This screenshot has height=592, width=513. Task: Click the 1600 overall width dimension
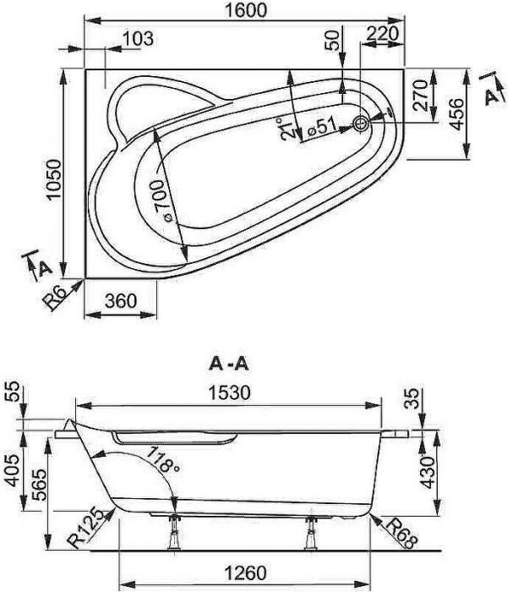[x=246, y=10]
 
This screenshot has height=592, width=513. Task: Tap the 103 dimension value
[x=138, y=38]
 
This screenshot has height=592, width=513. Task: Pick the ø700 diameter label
[x=165, y=203]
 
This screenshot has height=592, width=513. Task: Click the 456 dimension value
[x=456, y=112]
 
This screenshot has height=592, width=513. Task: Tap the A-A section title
[x=228, y=365]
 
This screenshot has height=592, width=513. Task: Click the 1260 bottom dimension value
[x=245, y=573]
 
